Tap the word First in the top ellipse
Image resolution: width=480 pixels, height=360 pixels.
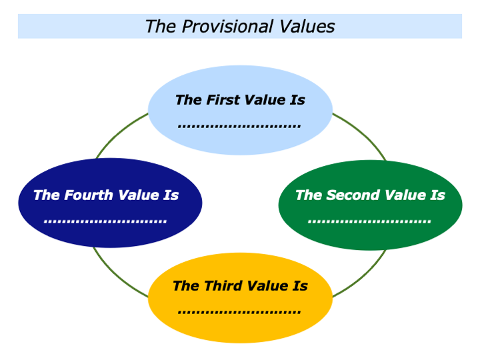coord(223,100)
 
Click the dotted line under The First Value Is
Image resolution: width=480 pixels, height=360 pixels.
coord(239,125)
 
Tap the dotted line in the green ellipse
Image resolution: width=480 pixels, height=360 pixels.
coord(369,221)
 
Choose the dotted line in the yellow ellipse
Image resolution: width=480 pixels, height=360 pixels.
coord(239,311)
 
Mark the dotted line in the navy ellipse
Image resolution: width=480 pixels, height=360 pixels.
coord(105,221)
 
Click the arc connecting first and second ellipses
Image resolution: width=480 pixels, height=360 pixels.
coord(363,133)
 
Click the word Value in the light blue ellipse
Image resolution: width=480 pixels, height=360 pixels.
coord(266,100)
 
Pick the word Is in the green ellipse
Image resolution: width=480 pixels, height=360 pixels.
coord(437,195)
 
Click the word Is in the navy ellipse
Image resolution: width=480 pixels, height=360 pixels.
coord(171,195)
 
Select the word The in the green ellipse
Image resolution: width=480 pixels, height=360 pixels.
coord(308,195)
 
